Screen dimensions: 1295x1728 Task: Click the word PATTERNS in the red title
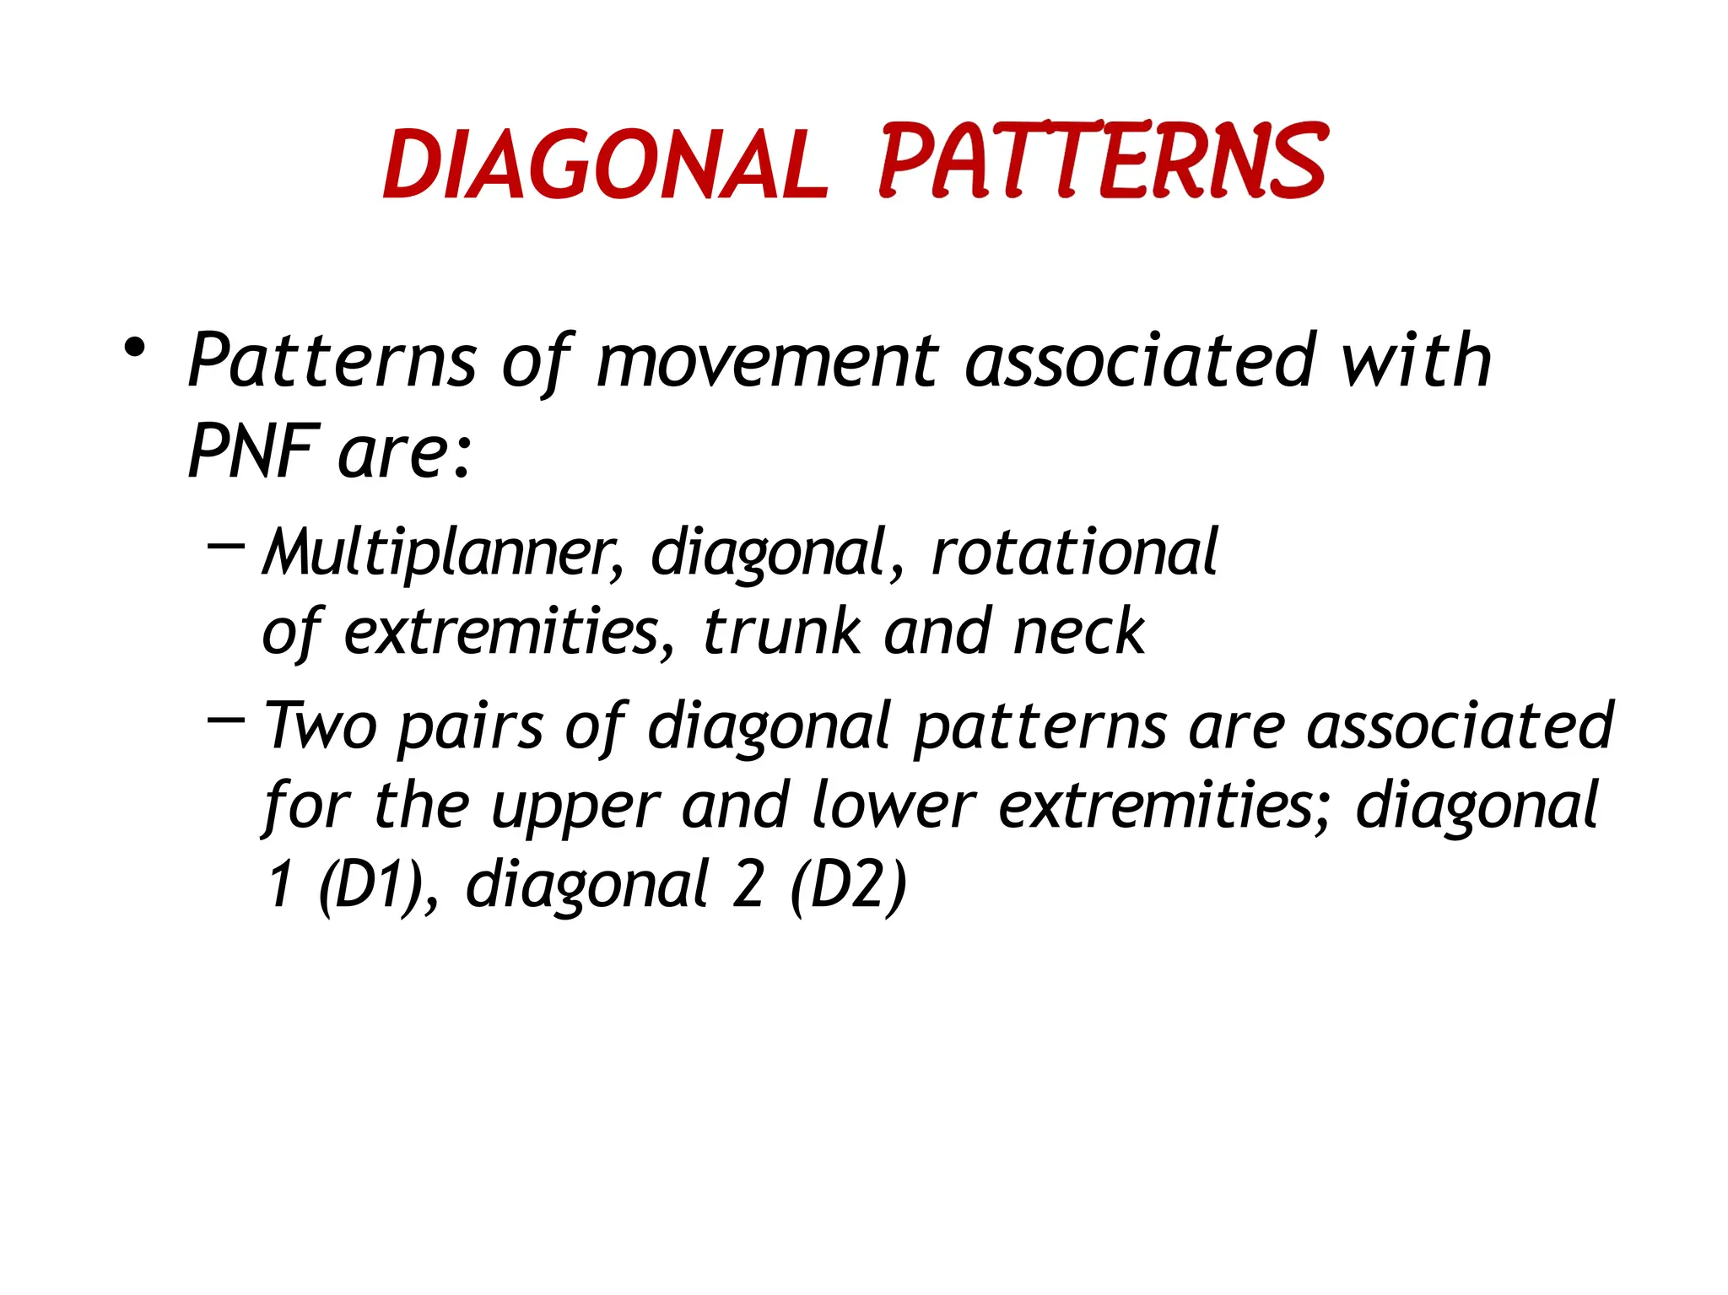click(1102, 161)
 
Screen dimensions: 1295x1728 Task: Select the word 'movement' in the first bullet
click(767, 361)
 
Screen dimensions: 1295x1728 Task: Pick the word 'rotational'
click(1074, 553)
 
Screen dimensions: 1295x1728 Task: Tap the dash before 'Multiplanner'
click(226, 547)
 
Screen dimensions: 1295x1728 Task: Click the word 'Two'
click(321, 726)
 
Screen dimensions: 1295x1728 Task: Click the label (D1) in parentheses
click(371, 885)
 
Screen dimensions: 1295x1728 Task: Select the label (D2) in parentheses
click(848, 885)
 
